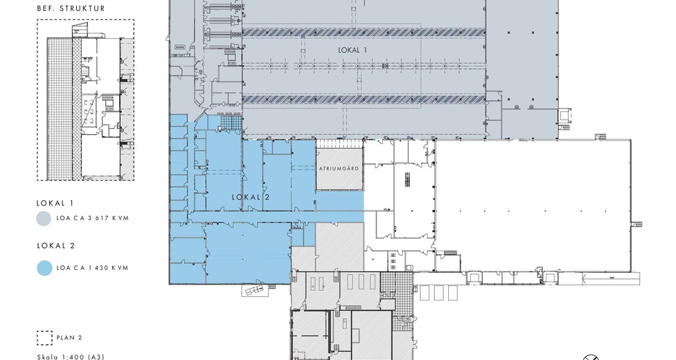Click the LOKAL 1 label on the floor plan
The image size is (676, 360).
point(353,50)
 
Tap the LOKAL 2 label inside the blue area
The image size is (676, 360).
point(251,197)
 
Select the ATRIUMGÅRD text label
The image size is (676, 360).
point(339,168)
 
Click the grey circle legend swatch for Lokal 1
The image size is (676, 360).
point(44,218)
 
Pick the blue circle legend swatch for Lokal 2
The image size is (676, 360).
point(44,268)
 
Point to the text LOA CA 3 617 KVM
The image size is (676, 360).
point(92,218)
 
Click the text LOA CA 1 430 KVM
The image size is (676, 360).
point(92,268)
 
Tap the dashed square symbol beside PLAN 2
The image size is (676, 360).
point(44,338)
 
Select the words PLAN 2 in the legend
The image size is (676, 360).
point(69,338)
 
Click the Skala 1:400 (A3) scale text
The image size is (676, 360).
point(70,357)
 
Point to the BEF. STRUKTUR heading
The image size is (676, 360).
point(71,8)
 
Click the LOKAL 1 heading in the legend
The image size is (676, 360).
point(55,203)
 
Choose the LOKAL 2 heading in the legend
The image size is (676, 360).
point(55,246)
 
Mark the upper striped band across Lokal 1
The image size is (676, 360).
point(364,32)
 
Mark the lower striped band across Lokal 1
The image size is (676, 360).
point(364,100)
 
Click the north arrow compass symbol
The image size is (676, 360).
point(591,357)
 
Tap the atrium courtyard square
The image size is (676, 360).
point(339,169)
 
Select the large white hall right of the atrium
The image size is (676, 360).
point(533,205)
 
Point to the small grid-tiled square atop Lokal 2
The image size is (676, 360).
point(229,122)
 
